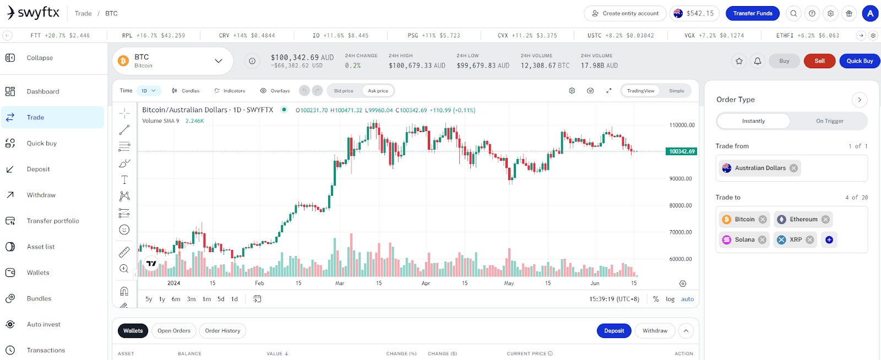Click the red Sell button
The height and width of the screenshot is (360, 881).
coord(819,61)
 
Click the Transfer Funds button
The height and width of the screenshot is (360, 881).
coord(752,13)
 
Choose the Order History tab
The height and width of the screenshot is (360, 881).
coord(222,330)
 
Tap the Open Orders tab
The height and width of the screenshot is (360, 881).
coord(174,330)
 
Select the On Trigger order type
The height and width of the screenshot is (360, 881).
coord(829,121)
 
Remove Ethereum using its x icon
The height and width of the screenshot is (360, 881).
coord(825,219)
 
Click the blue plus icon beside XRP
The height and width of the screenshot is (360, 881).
coord(829,240)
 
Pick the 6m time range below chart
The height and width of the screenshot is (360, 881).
coord(176,299)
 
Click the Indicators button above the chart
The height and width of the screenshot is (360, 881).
coord(230,91)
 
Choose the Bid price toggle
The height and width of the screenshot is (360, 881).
coord(344,91)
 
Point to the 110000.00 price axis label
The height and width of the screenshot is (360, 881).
coord(682,125)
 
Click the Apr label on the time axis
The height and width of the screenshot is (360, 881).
coord(426,283)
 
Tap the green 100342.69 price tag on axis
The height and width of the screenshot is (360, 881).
coord(681,151)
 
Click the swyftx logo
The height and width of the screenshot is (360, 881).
coord(33,13)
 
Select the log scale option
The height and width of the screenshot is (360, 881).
coord(670,299)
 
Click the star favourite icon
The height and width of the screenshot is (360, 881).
coord(739,61)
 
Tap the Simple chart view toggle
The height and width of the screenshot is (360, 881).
coord(677,91)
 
